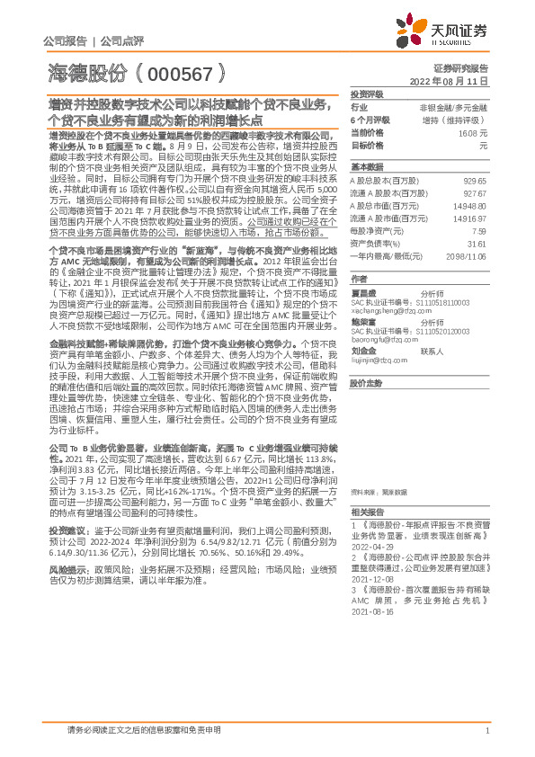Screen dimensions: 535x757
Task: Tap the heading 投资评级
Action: (367, 94)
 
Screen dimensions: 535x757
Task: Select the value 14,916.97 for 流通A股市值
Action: (468, 218)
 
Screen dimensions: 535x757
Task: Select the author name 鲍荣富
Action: (362, 321)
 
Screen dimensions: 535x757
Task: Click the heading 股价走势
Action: (367, 381)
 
